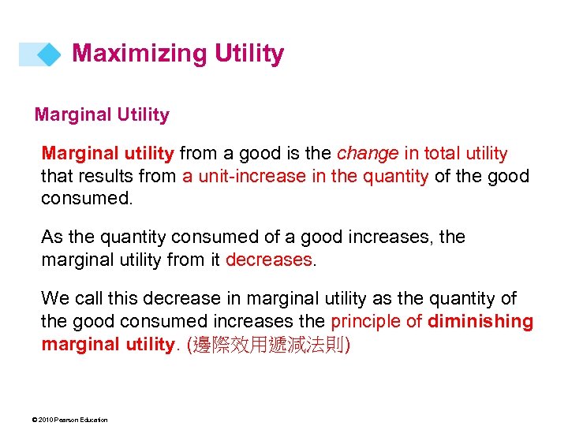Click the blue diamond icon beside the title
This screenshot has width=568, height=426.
(49, 54)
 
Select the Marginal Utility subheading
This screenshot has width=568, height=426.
(102, 115)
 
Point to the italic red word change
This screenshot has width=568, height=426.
(367, 153)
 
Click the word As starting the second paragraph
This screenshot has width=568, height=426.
(52, 237)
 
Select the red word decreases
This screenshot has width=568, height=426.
(269, 259)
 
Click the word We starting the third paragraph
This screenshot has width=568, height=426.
(55, 298)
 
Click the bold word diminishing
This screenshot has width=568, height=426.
(480, 320)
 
